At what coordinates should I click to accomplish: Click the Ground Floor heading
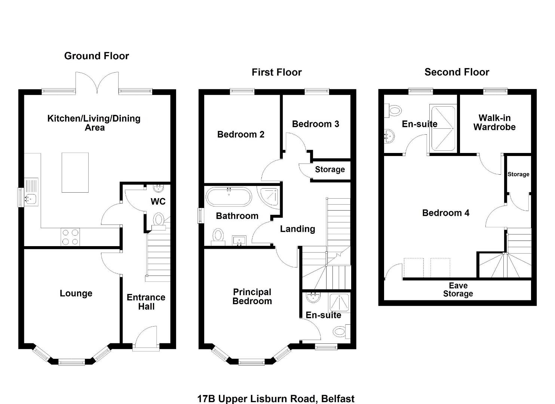tap(96, 56)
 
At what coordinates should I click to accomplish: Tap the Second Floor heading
tap(457, 72)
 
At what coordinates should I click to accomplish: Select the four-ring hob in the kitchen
tap(70, 237)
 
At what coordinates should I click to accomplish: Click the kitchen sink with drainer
tap(31, 192)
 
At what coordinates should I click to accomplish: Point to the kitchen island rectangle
tap(75, 172)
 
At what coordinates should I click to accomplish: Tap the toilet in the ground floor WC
tap(159, 222)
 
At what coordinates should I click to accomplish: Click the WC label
tap(158, 202)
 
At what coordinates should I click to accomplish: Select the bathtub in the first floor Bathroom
tap(229, 197)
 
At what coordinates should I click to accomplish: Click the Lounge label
tap(76, 293)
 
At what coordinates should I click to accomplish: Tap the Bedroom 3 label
tap(315, 124)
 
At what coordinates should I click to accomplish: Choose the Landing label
tap(298, 229)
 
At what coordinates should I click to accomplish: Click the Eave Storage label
tap(458, 290)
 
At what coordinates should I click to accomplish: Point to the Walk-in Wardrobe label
tap(494, 122)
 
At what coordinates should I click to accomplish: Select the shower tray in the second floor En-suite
tap(443, 128)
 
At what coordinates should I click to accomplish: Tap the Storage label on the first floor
tap(330, 169)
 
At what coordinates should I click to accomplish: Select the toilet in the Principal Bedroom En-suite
tap(342, 331)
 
